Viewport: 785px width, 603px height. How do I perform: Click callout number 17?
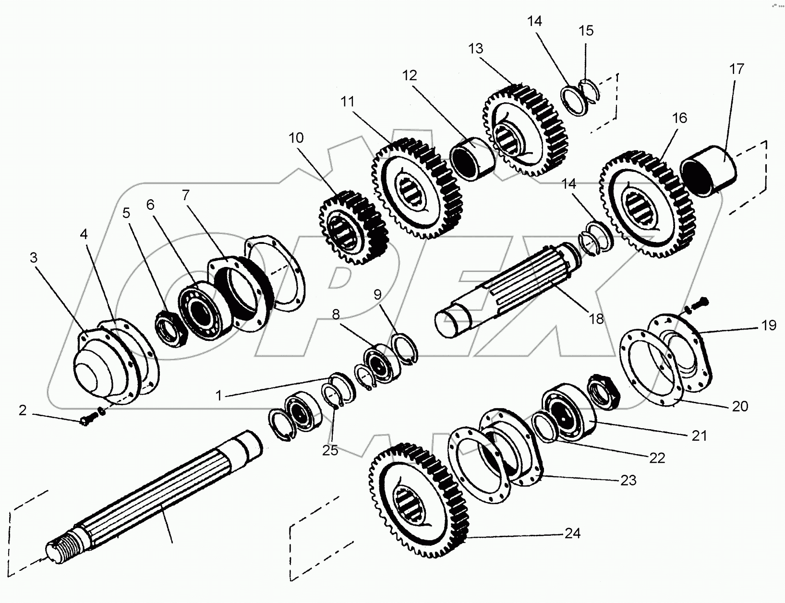click(x=737, y=69)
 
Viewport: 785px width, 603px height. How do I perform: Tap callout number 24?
click(x=572, y=533)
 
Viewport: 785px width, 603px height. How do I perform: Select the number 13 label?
click(x=475, y=48)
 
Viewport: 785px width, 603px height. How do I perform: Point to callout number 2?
click(x=23, y=410)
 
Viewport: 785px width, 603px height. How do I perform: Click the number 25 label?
click(x=330, y=451)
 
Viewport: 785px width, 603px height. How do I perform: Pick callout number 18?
click(x=596, y=319)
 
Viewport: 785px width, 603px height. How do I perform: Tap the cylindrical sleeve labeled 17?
click(x=708, y=171)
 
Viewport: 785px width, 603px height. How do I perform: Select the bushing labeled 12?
click(x=472, y=159)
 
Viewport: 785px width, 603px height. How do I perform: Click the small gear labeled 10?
click(x=353, y=228)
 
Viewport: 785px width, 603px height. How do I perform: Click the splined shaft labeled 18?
click(x=507, y=290)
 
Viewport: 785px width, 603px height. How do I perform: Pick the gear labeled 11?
click(x=417, y=188)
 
